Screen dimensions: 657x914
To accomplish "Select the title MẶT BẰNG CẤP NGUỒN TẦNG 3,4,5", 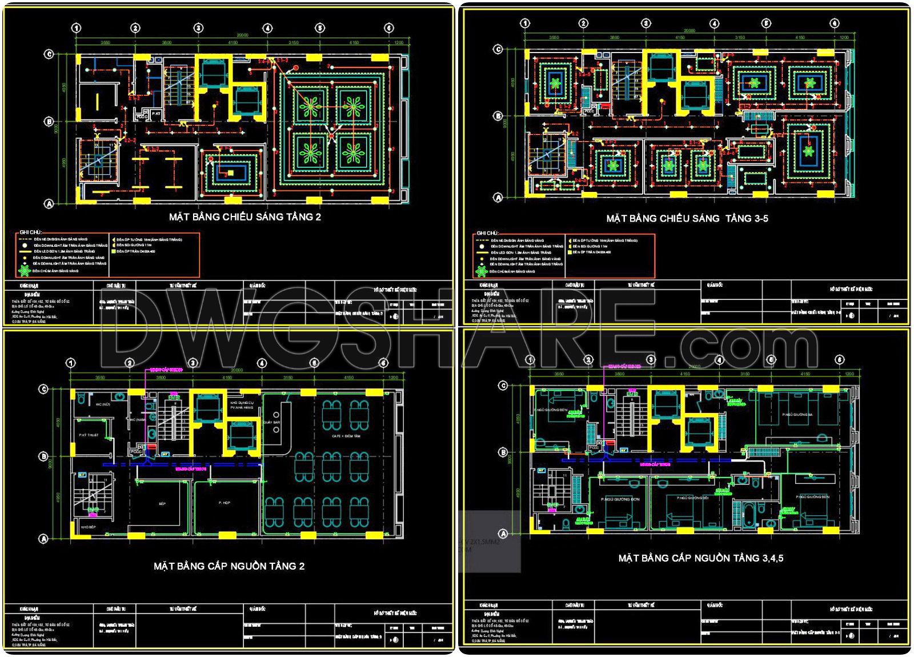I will pyautogui.click(x=700, y=558).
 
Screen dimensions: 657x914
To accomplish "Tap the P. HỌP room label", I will pyautogui.click(x=224, y=503).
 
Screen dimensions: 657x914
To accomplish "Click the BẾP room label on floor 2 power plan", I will pyautogui.click(x=162, y=504).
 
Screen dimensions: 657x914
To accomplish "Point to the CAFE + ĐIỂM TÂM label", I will pyautogui.click(x=346, y=436).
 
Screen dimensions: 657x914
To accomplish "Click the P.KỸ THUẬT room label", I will pyautogui.click(x=89, y=435).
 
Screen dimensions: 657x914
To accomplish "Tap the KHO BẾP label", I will pyautogui.click(x=87, y=527).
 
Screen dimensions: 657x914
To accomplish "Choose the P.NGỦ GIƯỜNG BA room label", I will pyautogui.click(x=797, y=415).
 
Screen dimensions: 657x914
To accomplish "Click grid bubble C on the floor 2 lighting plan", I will pyautogui.click(x=50, y=54).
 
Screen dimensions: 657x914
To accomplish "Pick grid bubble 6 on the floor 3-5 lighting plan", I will pyautogui.click(x=835, y=23).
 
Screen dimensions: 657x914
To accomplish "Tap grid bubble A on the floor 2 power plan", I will pyautogui.click(x=43, y=538).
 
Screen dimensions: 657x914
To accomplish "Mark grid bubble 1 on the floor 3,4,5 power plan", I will pyautogui.click(x=530, y=360).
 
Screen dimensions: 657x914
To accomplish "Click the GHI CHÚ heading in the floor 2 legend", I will pyautogui.click(x=27, y=233).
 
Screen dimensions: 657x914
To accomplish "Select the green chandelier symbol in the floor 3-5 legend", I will pyautogui.click(x=482, y=271).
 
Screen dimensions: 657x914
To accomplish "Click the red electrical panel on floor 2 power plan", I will pyautogui.click(x=151, y=447).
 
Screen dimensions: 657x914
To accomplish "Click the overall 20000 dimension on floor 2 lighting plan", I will pyautogui.click(x=242, y=35).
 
